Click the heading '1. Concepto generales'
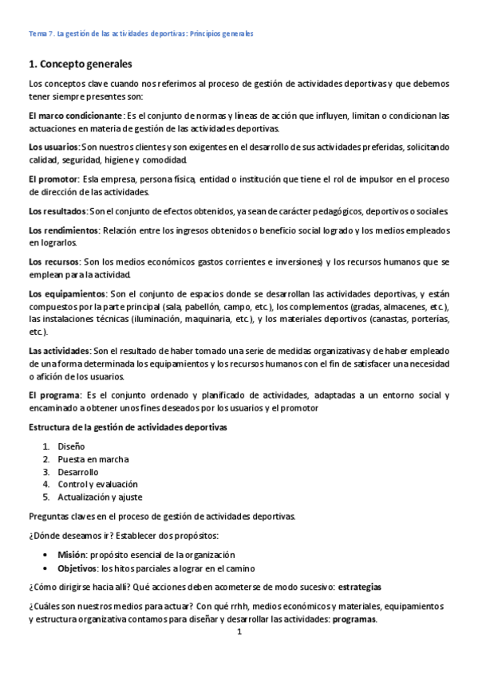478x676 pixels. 80,63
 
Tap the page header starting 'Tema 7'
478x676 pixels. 140,34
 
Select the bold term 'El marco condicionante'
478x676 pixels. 75,116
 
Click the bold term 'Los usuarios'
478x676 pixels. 53,147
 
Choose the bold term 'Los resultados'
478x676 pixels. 57,211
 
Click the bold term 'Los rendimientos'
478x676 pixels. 63,230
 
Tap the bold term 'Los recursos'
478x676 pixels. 53,262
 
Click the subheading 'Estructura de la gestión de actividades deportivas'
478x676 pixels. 128,427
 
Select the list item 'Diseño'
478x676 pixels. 71,446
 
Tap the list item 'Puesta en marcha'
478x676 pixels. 93,459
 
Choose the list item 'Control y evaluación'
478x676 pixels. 97,484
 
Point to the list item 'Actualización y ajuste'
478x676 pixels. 100,497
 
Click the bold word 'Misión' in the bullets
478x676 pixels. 73,554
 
